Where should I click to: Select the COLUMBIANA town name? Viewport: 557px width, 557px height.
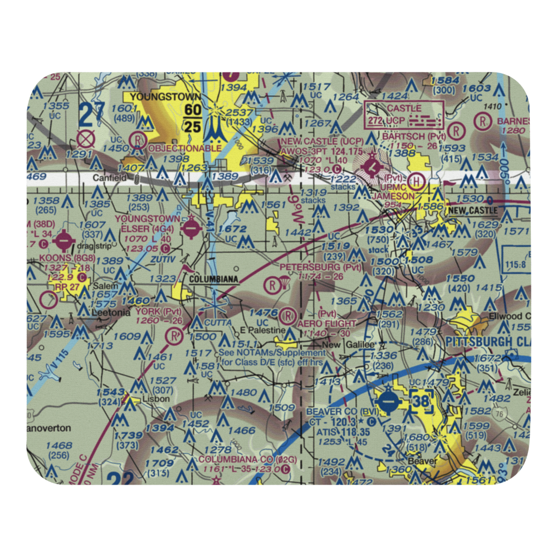pos(213,278)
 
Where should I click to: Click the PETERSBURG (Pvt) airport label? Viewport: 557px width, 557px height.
pos(321,267)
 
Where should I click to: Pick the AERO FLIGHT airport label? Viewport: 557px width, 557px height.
pos(326,324)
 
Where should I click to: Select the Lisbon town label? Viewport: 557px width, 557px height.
pos(150,399)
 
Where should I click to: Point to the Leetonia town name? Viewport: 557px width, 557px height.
pos(111,313)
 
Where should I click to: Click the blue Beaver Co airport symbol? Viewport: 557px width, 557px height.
pos(389,399)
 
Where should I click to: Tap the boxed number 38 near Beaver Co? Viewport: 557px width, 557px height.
pos(422,400)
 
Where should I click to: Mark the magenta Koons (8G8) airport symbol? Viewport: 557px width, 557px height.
pos(65,241)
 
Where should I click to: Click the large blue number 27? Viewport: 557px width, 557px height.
pos(92,116)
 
